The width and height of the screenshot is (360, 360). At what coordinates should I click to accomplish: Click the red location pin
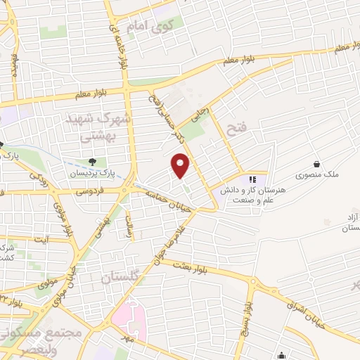(x=181, y=165)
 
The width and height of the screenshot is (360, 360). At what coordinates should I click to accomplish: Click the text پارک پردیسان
(x=88, y=173)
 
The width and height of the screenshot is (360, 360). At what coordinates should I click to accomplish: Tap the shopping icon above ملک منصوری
(x=316, y=163)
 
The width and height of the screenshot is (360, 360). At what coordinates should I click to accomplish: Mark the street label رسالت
(x=129, y=226)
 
